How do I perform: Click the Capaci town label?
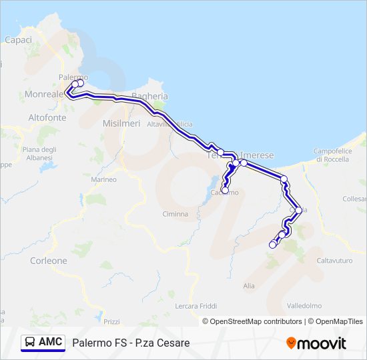coord(18,40)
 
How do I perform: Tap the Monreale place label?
coord(43,95)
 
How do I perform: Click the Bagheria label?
coord(150,97)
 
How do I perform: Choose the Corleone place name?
coord(49,261)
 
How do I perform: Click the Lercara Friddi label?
coord(196,306)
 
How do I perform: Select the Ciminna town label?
coord(175,214)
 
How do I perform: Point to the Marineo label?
coord(103,179)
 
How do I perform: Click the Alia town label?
coord(249,285)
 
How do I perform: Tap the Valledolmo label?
coord(304,306)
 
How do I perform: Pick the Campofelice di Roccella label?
coord(337,155)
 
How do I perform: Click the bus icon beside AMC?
coord(30,342)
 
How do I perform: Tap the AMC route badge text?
coord(51,342)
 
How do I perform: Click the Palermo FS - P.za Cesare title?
coord(131,343)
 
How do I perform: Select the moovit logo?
coord(316,343)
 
